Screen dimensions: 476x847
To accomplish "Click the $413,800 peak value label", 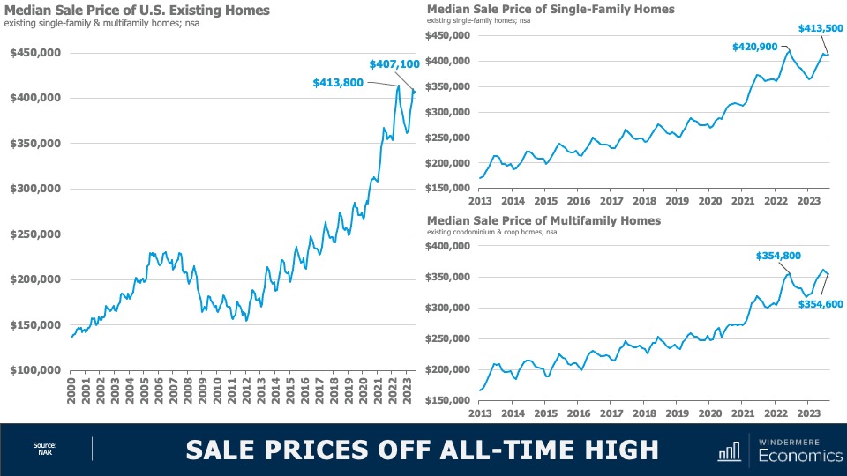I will click(x=340, y=83).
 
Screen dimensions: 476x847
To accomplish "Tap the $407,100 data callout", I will click(x=394, y=64).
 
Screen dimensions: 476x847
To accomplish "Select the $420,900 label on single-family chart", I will click(x=754, y=47).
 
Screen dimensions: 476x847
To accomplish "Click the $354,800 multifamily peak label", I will click(x=778, y=256).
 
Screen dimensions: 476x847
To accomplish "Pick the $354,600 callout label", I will click(x=821, y=304).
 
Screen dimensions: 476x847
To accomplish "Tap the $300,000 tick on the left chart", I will click(x=34, y=189).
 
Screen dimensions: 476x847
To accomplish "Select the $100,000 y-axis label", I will click(x=34, y=370).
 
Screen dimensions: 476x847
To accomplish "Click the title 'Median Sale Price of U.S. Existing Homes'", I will click(x=139, y=11).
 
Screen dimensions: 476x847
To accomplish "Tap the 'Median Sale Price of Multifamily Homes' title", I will click(x=543, y=220).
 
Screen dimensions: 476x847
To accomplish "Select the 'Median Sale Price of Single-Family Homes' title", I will click(x=551, y=9).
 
